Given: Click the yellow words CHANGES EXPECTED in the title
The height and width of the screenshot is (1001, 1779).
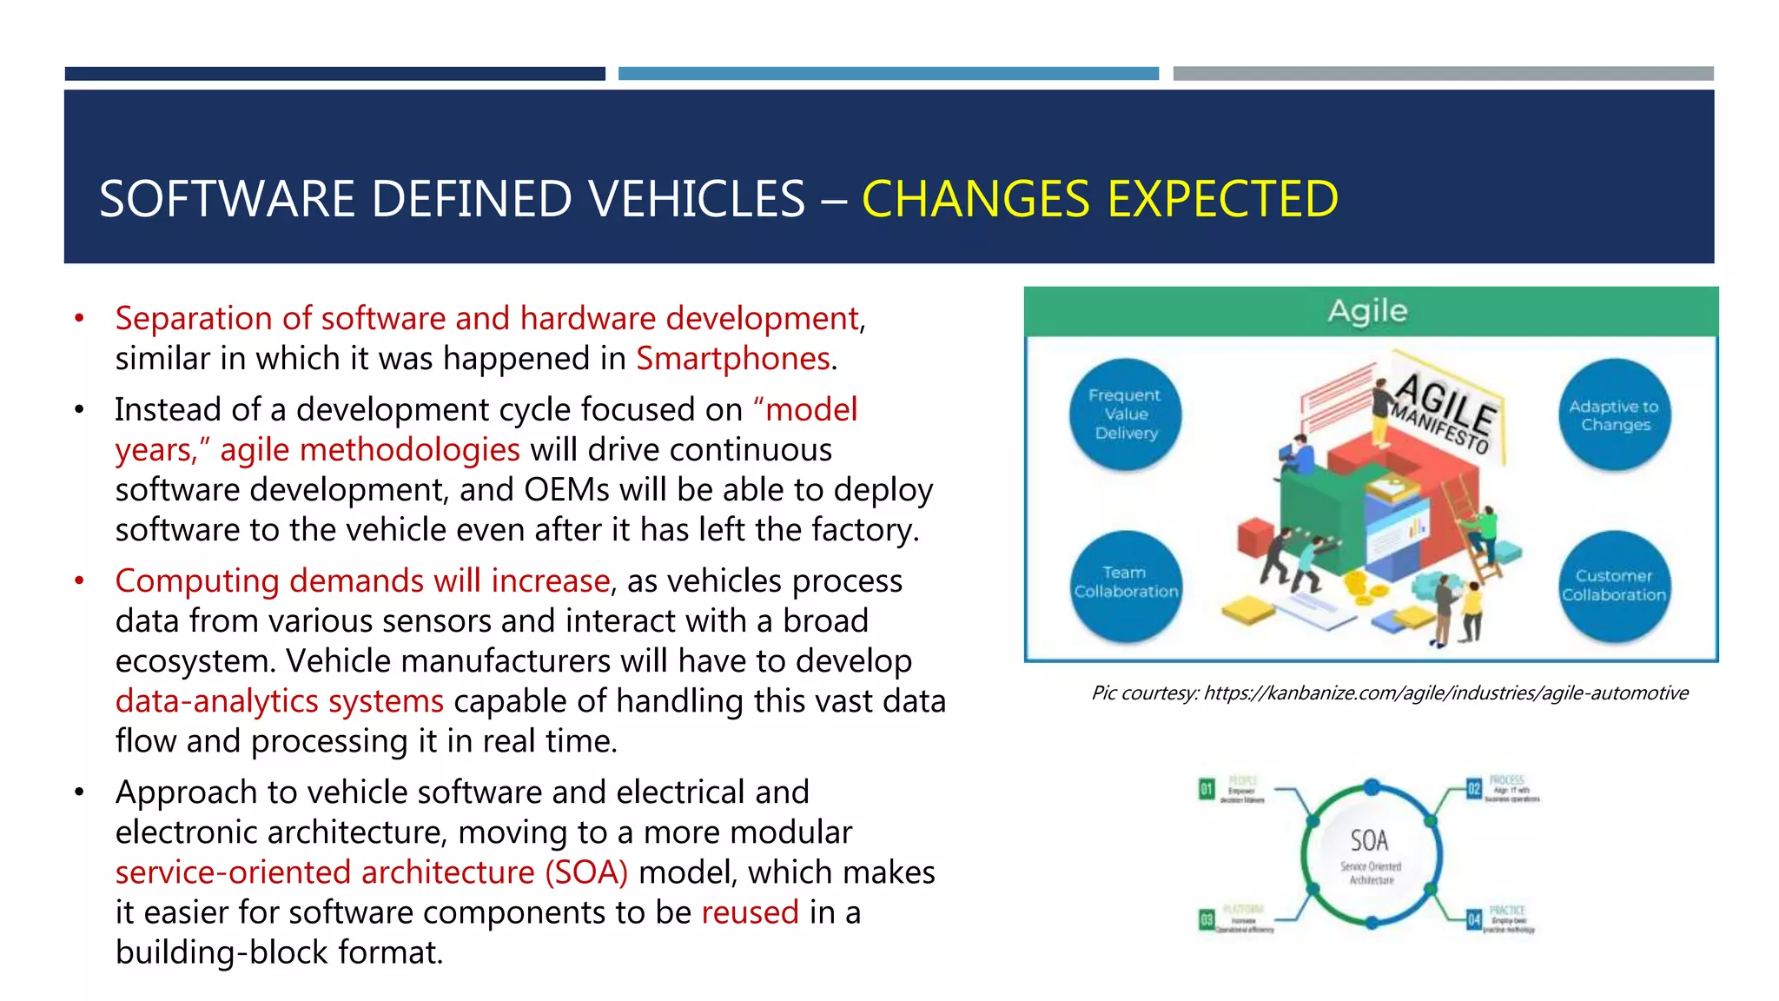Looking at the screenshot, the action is [1100, 199].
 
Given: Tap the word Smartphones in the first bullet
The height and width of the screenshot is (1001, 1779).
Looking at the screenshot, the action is [733, 359].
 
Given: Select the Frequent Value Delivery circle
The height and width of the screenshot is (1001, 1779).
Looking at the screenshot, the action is [1125, 414].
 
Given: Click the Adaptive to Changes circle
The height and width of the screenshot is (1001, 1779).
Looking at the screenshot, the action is [1614, 415].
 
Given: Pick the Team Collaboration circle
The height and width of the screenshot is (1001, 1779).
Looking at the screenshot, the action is [1125, 583].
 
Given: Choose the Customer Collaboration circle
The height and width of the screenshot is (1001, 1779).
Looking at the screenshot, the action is [1614, 586].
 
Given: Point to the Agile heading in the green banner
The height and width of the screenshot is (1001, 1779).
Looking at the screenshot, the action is [1367, 311].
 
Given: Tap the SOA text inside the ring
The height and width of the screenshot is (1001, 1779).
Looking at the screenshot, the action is [1369, 840].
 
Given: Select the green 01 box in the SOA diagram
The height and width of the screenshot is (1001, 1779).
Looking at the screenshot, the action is [1206, 789].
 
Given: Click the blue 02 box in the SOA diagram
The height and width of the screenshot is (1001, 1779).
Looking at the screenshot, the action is [1473, 789].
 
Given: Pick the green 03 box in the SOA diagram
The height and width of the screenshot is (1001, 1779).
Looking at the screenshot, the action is [1206, 918].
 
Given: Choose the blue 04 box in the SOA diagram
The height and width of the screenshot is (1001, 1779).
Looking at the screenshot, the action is [1473, 918].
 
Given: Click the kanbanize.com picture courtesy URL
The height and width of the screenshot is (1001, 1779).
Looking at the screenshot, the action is [1445, 693].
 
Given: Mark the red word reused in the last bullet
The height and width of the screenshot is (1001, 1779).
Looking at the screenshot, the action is [750, 912].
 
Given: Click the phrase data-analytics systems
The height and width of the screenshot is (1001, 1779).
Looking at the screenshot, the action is [279, 701].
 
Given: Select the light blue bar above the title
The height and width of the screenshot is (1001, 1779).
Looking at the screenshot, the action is [888, 74].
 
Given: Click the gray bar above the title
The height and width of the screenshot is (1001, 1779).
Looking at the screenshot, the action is [1443, 74].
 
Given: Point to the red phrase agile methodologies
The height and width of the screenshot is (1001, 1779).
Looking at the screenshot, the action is [369, 450].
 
